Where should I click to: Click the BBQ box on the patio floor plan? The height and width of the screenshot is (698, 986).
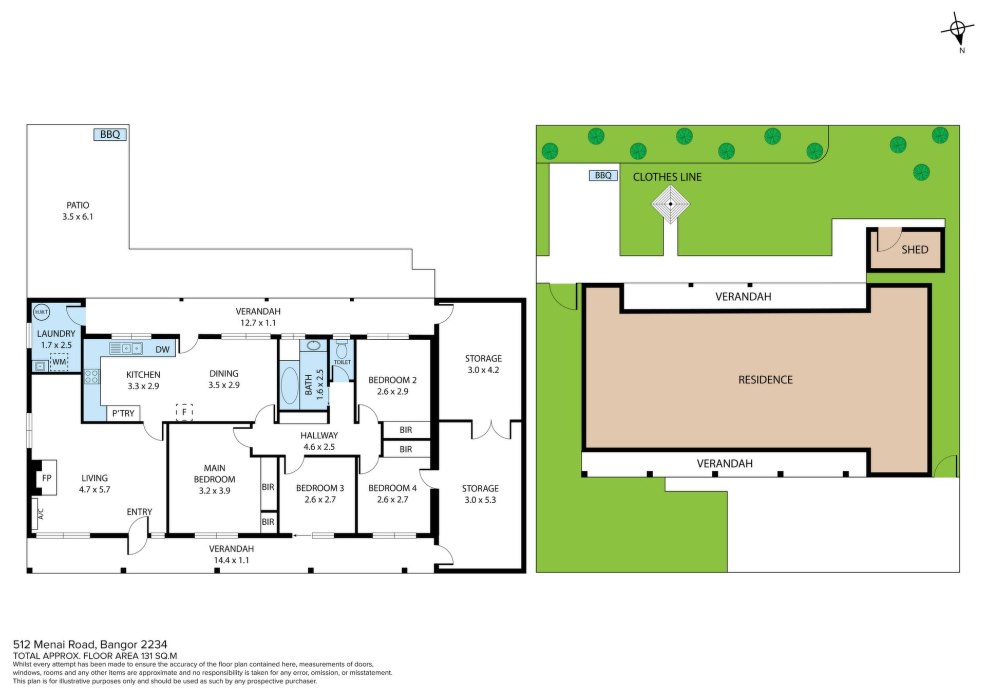[x=110, y=135]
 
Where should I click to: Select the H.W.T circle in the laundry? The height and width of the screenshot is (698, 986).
[x=41, y=312]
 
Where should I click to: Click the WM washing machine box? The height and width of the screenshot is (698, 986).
[x=59, y=362]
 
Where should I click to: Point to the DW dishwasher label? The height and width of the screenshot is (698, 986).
[x=162, y=350]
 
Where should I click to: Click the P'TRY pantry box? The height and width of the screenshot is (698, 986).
[x=123, y=413]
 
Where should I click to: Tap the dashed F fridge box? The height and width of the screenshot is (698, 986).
[x=184, y=412]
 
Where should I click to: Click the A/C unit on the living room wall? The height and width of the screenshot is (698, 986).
[x=35, y=513]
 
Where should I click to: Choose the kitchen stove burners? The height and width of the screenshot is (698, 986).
[x=92, y=376]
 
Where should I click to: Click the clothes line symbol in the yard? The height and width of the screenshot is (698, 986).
[x=671, y=204]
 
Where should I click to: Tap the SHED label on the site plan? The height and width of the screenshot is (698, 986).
[x=915, y=250]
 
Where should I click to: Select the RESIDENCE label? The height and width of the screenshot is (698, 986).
[x=765, y=380]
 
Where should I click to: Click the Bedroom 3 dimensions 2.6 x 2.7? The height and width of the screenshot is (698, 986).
[x=320, y=500]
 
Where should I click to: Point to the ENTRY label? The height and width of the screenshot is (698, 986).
[x=140, y=512]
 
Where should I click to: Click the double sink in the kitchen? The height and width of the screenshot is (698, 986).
[x=126, y=348]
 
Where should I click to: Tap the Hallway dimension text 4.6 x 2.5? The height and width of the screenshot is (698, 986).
[x=319, y=447]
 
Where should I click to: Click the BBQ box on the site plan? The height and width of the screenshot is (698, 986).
[x=603, y=176]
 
